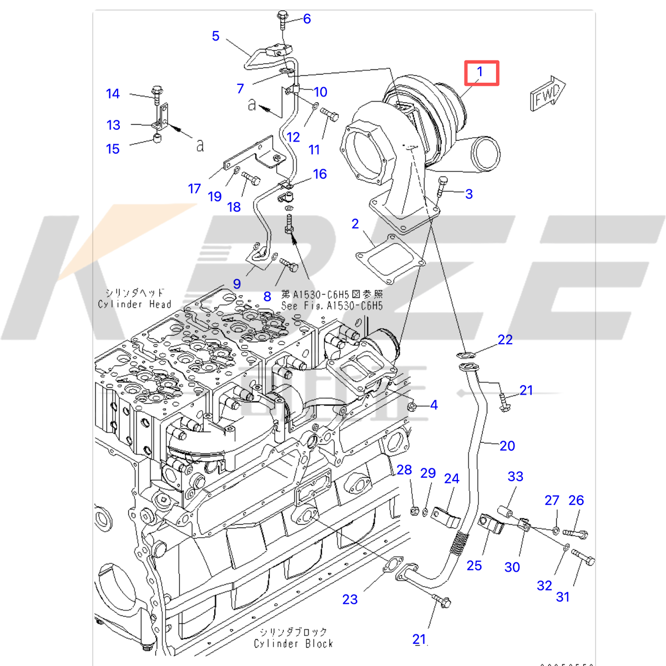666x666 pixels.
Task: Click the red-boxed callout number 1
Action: tap(481, 72)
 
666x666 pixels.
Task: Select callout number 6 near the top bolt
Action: tap(306, 19)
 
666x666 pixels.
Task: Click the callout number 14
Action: tap(113, 94)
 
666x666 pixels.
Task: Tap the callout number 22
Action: tap(504, 340)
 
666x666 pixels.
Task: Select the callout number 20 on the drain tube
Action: tap(507, 446)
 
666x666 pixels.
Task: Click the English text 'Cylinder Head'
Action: tap(134, 304)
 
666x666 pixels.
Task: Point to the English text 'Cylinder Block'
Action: tap(293, 644)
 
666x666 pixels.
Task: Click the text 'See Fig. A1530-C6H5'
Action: tap(331, 306)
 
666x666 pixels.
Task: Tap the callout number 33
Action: tap(515, 476)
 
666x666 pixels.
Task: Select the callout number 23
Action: tap(350, 599)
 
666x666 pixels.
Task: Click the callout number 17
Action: tap(194, 189)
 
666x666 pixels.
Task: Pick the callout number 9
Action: tap(237, 284)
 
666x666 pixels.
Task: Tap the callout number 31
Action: tap(563, 597)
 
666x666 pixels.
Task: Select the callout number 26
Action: tap(576, 500)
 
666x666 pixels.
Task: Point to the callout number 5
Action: tap(215, 36)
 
